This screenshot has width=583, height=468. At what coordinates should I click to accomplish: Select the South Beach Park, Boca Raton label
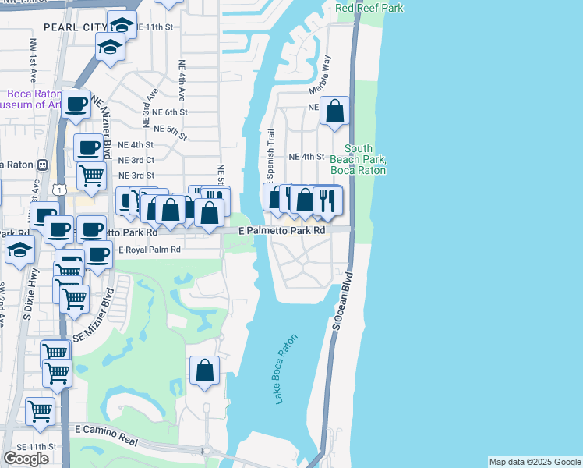pos(359,159)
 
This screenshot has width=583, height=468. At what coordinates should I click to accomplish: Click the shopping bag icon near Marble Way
pos(334,111)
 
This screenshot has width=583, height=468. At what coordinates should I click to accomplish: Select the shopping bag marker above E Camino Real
pos(204,370)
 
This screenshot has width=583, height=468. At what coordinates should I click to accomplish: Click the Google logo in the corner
pos(26,459)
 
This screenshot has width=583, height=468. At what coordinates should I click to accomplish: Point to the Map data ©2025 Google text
pos(535,462)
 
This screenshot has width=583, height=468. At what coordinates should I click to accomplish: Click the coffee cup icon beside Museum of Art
pos(76,104)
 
